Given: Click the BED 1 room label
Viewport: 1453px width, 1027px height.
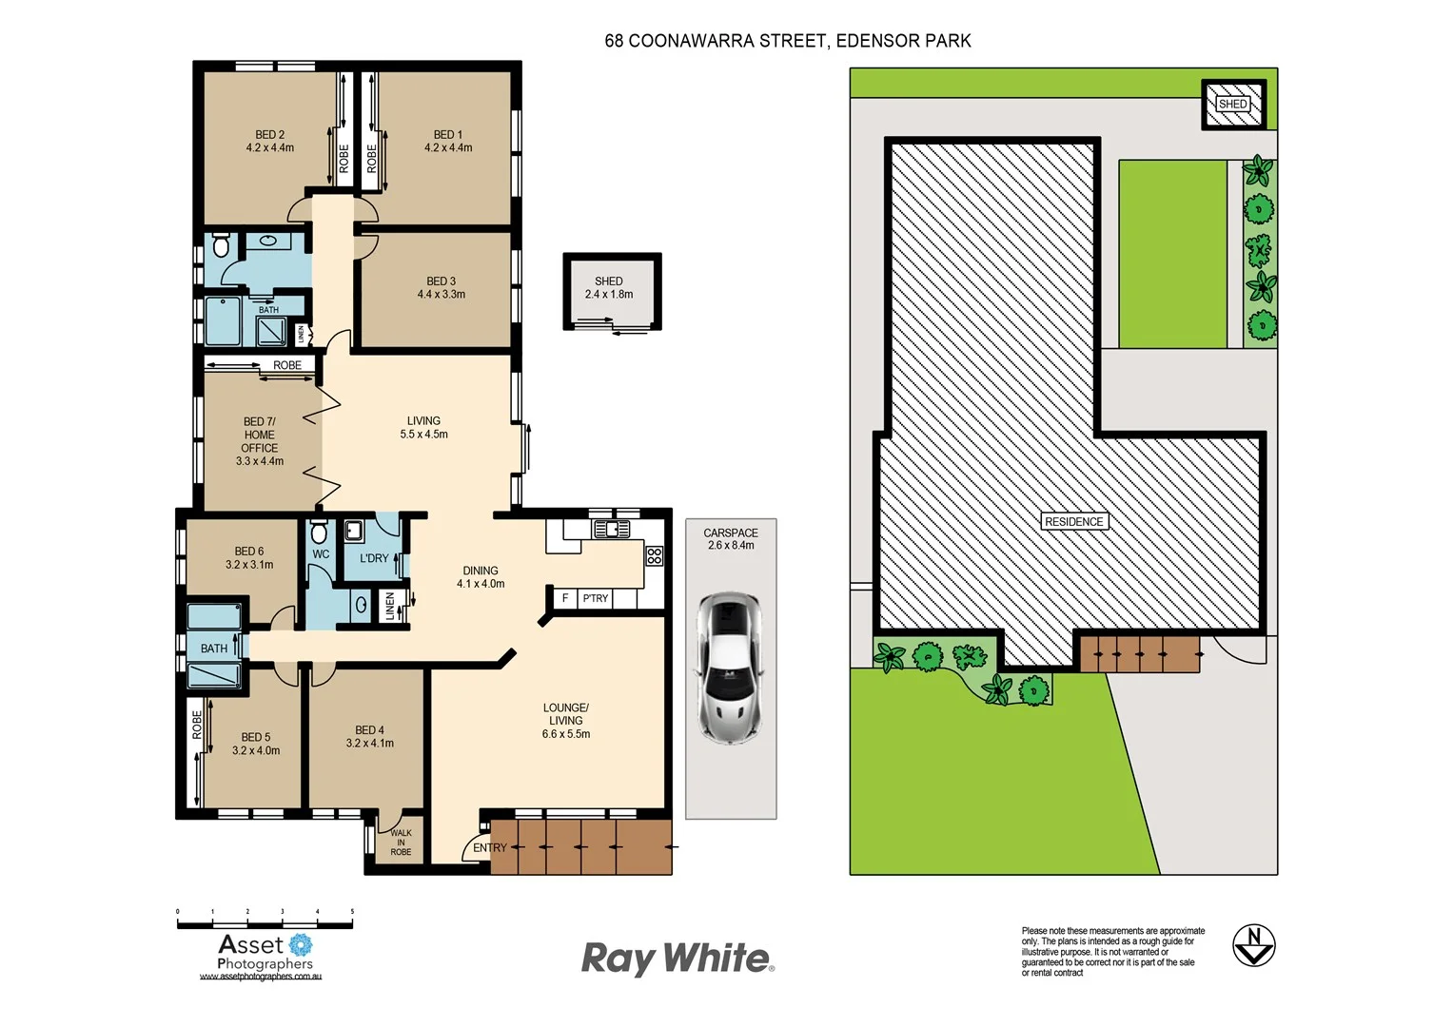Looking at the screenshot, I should click(x=447, y=135).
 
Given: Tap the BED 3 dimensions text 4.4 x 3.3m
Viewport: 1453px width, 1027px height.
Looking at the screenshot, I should click(x=441, y=295).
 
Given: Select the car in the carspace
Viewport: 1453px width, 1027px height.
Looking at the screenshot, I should click(x=730, y=669).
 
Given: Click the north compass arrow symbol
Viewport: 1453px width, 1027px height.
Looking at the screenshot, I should click(x=1253, y=945).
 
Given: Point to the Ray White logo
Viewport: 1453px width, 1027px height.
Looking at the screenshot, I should click(x=677, y=959).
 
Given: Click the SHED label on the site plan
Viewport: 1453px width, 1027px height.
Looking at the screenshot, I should click(x=1232, y=105).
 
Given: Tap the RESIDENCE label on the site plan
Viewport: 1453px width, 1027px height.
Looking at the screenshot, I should click(x=1073, y=522).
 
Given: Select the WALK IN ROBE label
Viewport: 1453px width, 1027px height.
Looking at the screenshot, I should click(x=401, y=843).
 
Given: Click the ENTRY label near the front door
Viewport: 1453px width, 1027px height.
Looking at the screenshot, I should click(x=490, y=847).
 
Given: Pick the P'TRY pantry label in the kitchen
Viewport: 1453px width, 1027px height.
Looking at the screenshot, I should click(x=595, y=598).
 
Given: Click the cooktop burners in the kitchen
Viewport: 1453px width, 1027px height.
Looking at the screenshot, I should click(x=654, y=555).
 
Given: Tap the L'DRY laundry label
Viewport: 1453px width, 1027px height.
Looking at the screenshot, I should click(x=374, y=558).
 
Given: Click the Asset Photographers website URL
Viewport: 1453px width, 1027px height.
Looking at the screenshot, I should click(x=261, y=977).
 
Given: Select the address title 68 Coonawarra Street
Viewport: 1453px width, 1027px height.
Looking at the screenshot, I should click(x=787, y=41).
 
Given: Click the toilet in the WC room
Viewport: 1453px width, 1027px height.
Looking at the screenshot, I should click(x=319, y=531).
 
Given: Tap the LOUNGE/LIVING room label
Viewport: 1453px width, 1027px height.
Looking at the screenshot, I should click(x=565, y=721).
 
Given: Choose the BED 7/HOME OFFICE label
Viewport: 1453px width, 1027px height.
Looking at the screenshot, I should click(x=259, y=441).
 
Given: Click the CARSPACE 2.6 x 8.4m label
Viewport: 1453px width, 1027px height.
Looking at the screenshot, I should click(x=731, y=539).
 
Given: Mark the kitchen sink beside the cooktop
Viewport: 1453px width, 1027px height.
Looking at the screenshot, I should click(x=611, y=529).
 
